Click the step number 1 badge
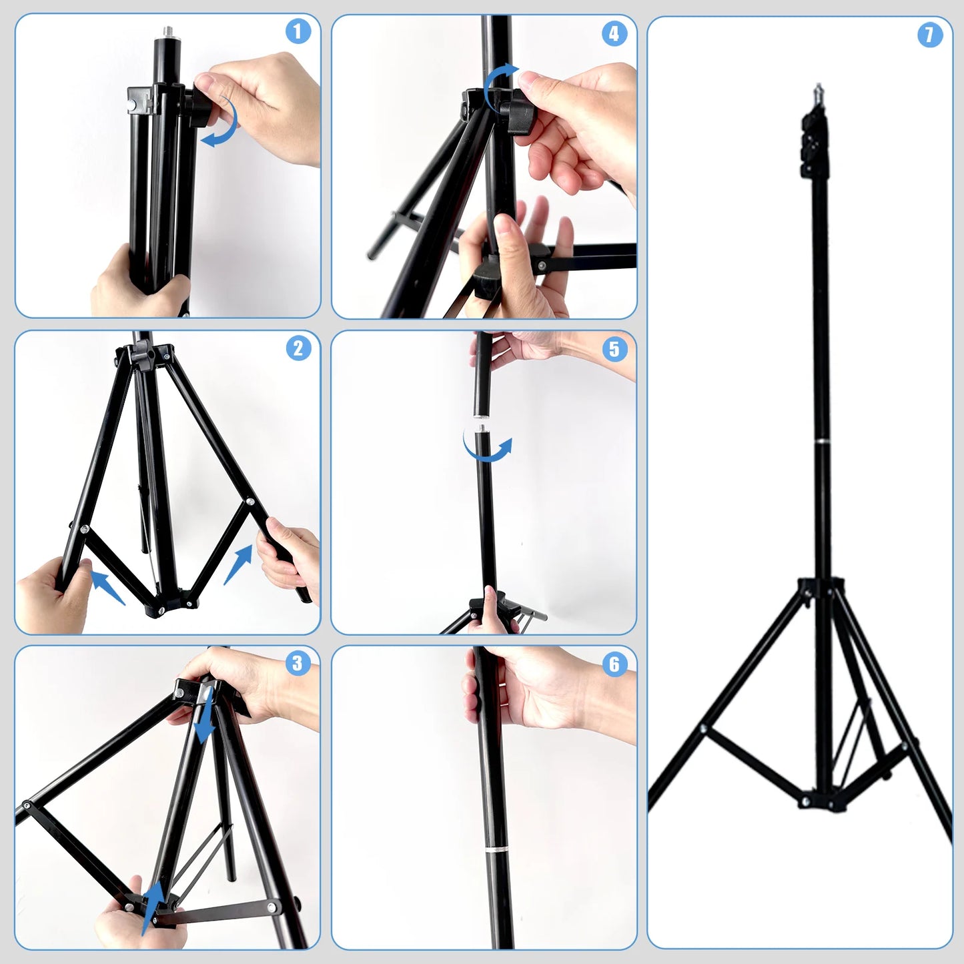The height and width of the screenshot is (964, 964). pyautogui.click(x=298, y=31)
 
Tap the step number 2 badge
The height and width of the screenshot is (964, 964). pyautogui.click(x=298, y=348)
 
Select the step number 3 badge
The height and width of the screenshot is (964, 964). pyautogui.click(x=298, y=663)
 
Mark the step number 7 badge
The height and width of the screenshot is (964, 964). pyautogui.click(x=929, y=35)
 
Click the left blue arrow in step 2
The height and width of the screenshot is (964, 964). pyautogui.click(x=107, y=586)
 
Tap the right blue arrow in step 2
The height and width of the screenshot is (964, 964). pyautogui.click(x=239, y=564)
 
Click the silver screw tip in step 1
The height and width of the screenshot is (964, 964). pyautogui.click(x=163, y=31)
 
